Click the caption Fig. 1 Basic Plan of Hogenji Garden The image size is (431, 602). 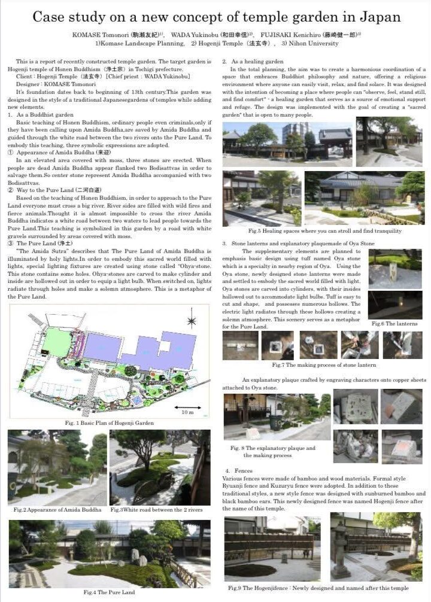110,423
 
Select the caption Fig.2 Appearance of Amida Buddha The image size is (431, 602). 57,510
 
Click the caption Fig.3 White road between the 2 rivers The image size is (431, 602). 156,510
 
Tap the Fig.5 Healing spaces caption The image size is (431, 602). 324,231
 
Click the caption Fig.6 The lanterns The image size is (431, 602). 394,323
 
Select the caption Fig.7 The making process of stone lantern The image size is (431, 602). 325,364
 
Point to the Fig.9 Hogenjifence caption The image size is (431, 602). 318,588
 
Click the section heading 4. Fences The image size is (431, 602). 239,472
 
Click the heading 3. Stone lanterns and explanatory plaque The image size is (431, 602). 298,244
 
